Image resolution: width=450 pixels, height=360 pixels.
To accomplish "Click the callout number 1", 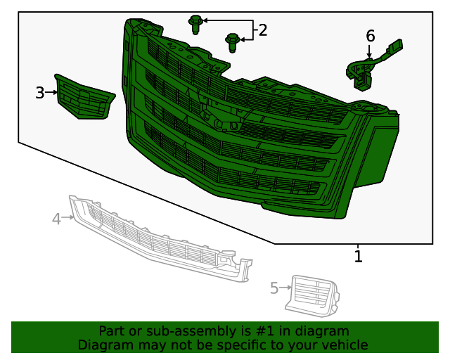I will tap(358, 257).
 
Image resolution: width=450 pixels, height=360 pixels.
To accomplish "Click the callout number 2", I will tap(262, 30).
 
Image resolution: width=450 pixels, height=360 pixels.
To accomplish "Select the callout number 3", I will tap(40, 92).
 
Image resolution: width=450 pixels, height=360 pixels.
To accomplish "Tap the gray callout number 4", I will tap(56, 219).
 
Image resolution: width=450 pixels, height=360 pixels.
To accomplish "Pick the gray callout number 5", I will tap(274, 287).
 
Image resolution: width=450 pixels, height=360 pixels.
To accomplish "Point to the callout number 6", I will tap(370, 36).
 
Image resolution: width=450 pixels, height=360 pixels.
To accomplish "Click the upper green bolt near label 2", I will tap(196, 25).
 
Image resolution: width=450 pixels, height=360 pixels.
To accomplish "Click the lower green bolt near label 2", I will tap(231, 41).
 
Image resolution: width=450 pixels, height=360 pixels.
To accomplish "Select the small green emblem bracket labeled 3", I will tap(84, 98).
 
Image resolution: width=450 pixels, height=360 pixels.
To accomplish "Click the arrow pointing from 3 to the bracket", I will tap(51, 92).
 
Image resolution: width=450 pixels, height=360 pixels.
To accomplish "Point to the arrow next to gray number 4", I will tap(68, 218).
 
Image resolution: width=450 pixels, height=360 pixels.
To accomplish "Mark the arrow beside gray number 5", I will tap(285, 287).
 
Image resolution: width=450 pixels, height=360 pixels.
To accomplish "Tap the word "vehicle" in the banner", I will tap(344, 345).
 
